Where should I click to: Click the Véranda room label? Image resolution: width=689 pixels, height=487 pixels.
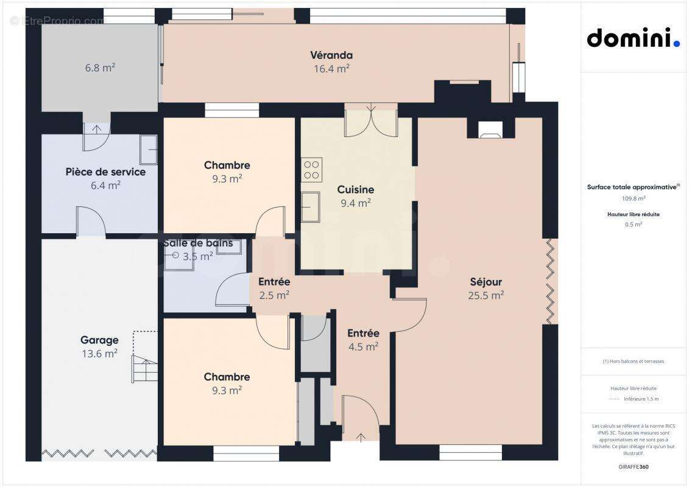pos(331,55)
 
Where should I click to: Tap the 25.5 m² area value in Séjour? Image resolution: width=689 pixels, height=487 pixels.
pos(486,296)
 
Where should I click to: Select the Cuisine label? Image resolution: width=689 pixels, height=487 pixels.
pos(356,190)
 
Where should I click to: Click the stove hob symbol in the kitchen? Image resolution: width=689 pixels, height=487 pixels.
pos(312,169)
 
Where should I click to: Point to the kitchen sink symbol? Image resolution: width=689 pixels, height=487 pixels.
pos(311,207)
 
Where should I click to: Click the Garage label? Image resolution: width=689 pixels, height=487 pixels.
pos(99,340)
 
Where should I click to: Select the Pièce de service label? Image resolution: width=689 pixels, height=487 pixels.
pos(105,172)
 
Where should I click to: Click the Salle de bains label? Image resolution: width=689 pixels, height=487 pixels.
pos(197,243)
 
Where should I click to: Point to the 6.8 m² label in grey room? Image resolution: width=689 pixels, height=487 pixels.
pos(100,68)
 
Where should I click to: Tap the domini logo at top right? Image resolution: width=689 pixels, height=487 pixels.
pos(633,38)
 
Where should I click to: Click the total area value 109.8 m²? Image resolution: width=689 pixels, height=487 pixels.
pos(634,198)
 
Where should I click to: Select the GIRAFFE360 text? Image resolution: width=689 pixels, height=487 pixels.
pos(634,467)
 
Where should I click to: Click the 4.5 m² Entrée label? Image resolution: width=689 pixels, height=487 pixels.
pos(363,346)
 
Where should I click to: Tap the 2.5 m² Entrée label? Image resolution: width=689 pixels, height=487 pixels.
pos(274,295)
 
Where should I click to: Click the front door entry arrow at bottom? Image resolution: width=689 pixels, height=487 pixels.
pos(360,436)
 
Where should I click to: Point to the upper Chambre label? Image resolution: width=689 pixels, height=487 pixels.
pos(227,166)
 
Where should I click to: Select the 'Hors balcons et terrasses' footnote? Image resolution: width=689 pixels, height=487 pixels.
pos(634,361)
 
